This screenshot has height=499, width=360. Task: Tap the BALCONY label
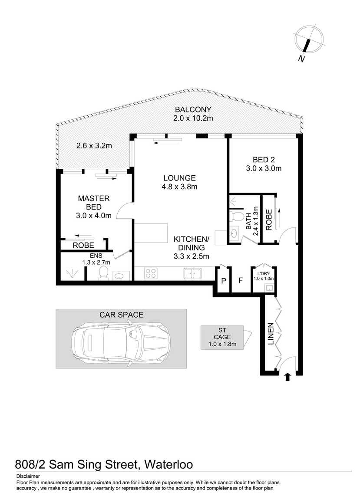coord(193,110)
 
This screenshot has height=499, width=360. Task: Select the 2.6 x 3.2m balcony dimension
coord(94,146)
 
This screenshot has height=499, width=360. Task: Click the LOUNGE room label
coord(180,178)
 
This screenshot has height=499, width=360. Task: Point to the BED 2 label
coord(264,160)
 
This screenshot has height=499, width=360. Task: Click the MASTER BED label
coord(94,203)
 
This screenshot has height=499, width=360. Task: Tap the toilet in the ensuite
coord(103,273)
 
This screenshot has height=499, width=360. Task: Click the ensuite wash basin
coord(122,276)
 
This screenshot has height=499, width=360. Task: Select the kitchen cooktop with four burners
coord(151,274)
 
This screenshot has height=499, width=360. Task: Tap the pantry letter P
coord(224,281)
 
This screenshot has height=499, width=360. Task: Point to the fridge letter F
coord(241,280)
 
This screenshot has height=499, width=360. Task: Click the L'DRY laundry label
coord(264,273)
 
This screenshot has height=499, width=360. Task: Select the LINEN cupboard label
coord(271,334)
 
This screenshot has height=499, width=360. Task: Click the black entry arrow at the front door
coord(287,377)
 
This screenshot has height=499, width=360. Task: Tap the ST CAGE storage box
coord(222,337)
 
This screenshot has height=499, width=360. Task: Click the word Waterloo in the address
coord(169,464)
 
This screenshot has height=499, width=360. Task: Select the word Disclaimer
coord(28,476)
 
